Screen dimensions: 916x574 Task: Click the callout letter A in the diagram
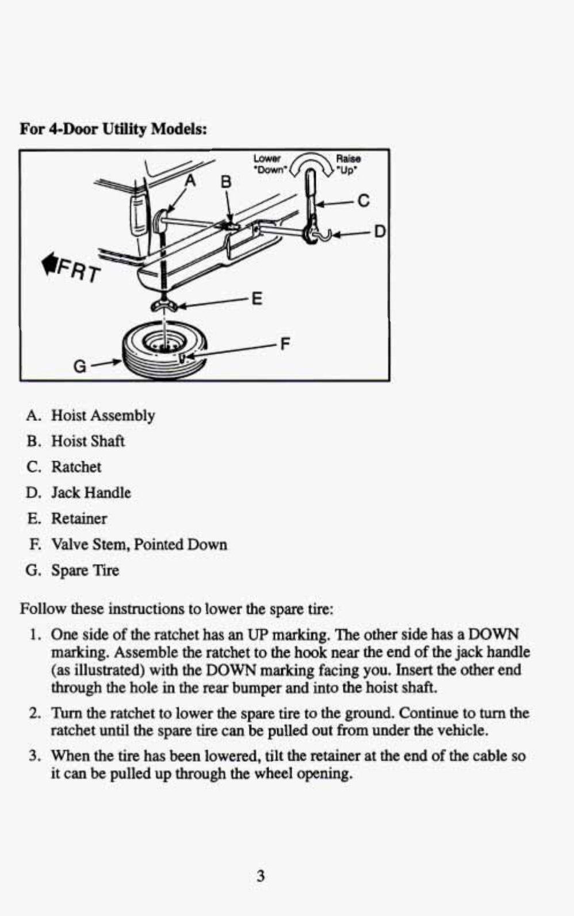[190, 180]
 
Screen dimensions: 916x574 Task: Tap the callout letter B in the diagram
[226, 182]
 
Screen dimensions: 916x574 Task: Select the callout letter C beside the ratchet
[363, 200]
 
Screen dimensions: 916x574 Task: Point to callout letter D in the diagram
[379, 231]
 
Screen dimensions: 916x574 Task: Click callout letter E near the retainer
[257, 298]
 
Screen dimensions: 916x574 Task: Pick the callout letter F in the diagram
[284, 344]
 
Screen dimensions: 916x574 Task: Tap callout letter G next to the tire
[80, 366]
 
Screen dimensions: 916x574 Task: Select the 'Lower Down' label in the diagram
[268, 164]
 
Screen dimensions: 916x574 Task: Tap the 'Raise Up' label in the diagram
[348, 164]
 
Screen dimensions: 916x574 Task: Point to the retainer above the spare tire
[164, 305]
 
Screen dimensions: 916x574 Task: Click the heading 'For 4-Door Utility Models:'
[113, 128]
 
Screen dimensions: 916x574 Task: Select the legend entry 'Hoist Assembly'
[103, 415]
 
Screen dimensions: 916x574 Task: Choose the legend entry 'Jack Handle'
[91, 493]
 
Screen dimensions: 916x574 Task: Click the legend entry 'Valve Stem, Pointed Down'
[139, 545]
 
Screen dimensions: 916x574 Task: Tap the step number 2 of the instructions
[35, 714]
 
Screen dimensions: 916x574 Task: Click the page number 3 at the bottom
[261, 876]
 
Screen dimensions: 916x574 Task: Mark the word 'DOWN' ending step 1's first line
[493, 634]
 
